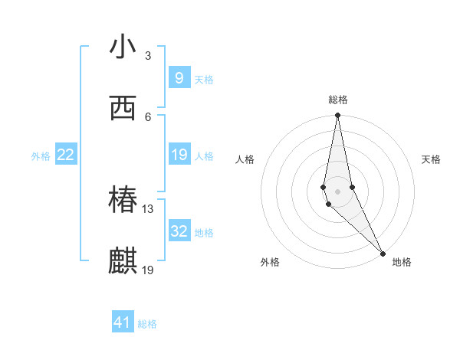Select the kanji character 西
point(123,109)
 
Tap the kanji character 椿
point(123,201)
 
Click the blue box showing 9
point(179,77)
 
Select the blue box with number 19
point(179,155)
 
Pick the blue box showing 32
point(179,231)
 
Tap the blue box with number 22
point(66,155)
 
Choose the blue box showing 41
point(123,322)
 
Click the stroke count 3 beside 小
point(148,55)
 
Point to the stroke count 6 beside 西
point(148,116)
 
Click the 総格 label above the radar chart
point(338,100)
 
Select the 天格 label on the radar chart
point(432,159)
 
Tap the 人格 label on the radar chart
point(245,159)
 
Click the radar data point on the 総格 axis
point(338,116)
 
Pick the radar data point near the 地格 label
point(383,252)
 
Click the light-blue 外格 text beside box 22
point(41,156)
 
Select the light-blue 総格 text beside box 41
point(147,324)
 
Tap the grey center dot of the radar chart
point(338,191)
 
